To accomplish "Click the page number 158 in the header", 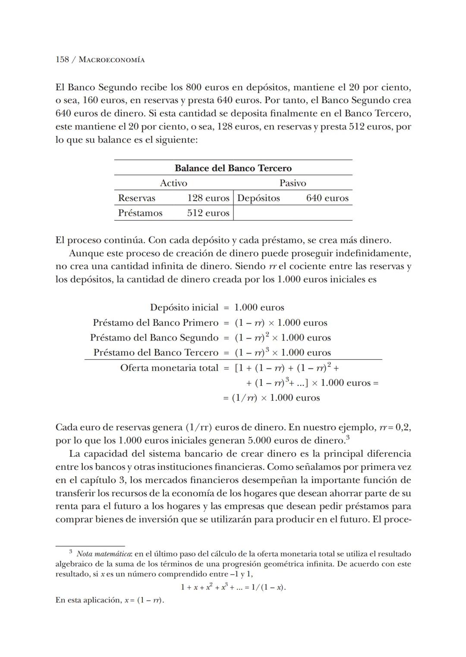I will [x=62, y=60].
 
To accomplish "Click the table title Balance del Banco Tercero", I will [x=233, y=168].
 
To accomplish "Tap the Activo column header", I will [x=173, y=183].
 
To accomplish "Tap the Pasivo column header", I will [x=293, y=183].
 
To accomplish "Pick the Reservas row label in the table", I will [x=137, y=198].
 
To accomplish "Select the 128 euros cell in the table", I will [x=208, y=198].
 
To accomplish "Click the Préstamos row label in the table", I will [x=140, y=213].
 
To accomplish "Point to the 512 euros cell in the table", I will [x=208, y=213].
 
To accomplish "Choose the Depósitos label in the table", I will [x=258, y=198].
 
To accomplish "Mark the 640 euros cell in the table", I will [x=327, y=198].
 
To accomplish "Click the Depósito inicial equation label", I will [x=184, y=308].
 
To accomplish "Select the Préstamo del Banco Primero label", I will [x=155, y=323].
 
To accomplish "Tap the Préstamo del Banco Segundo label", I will [x=154, y=337].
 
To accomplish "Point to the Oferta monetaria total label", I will [x=169, y=368].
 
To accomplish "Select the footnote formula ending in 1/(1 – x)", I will [x=233, y=587].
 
